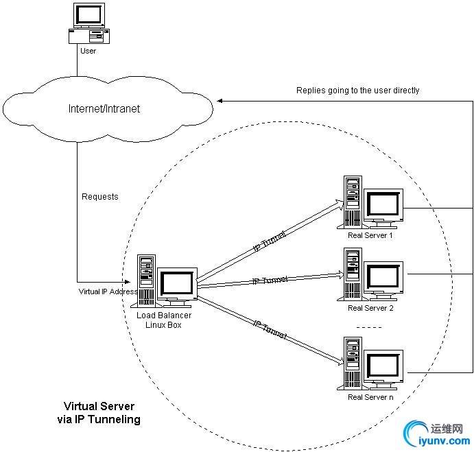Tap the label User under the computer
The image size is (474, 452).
(88, 51)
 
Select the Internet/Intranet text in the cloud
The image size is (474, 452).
(104, 108)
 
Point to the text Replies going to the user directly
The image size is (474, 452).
(357, 90)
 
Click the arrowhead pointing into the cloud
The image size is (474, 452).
(221, 101)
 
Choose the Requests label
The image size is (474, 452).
(100, 197)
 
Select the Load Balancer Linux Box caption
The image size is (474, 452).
(164, 320)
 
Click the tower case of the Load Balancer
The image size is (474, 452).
(146, 280)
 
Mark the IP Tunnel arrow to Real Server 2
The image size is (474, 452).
(271, 280)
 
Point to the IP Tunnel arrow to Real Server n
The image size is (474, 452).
(271, 329)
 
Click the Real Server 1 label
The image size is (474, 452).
(370, 235)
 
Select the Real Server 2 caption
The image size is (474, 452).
(370, 308)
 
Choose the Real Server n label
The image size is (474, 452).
(370, 397)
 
